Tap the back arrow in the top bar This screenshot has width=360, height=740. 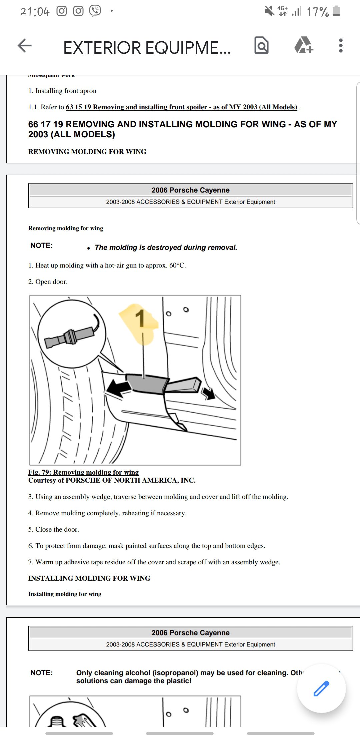(x=25, y=46)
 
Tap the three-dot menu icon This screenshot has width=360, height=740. (x=340, y=46)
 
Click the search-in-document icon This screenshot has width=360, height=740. (x=261, y=46)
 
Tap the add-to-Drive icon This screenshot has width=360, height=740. (x=303, y=46)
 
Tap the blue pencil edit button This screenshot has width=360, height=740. (x=321, y=688)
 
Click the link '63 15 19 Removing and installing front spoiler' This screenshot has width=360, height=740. (x=181, y=107)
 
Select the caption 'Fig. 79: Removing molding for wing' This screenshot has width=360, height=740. (x=83, y=472)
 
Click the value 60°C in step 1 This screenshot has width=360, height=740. (x=177, y=265)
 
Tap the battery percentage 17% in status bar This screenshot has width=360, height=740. (x=318, y=12)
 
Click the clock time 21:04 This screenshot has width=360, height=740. (x=35, y=12)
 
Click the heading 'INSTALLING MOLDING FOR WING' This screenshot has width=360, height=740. (x=89, y=578)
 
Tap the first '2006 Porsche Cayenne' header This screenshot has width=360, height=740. (x=190, y=190)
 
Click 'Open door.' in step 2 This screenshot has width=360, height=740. (x=51, y=282)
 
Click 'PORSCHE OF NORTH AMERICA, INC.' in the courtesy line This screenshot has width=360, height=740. (x=130, y=480)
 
